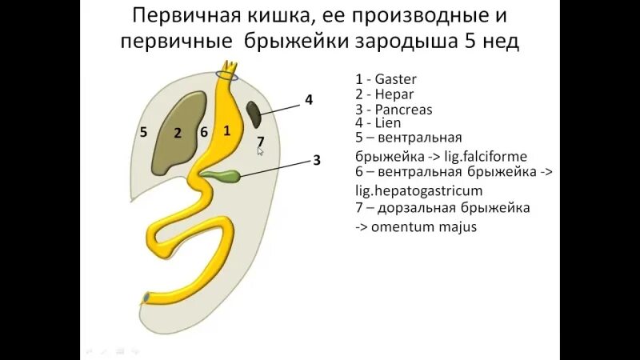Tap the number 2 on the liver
[178, 133]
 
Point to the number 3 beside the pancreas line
[316, 160]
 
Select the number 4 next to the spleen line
[308, 100]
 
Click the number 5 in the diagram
[143, 132]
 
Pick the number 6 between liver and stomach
[204, 133]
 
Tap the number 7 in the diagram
[261, 141]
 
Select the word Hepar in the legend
[394, 94]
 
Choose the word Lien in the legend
[387, 123]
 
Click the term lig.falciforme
[486, 156]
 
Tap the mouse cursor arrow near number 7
[260, 150]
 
